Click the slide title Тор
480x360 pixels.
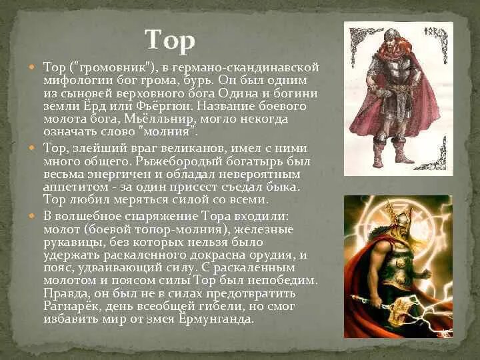170,41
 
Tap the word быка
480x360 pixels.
285,186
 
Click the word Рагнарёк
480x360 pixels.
73,306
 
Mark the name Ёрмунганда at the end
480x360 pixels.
221,319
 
